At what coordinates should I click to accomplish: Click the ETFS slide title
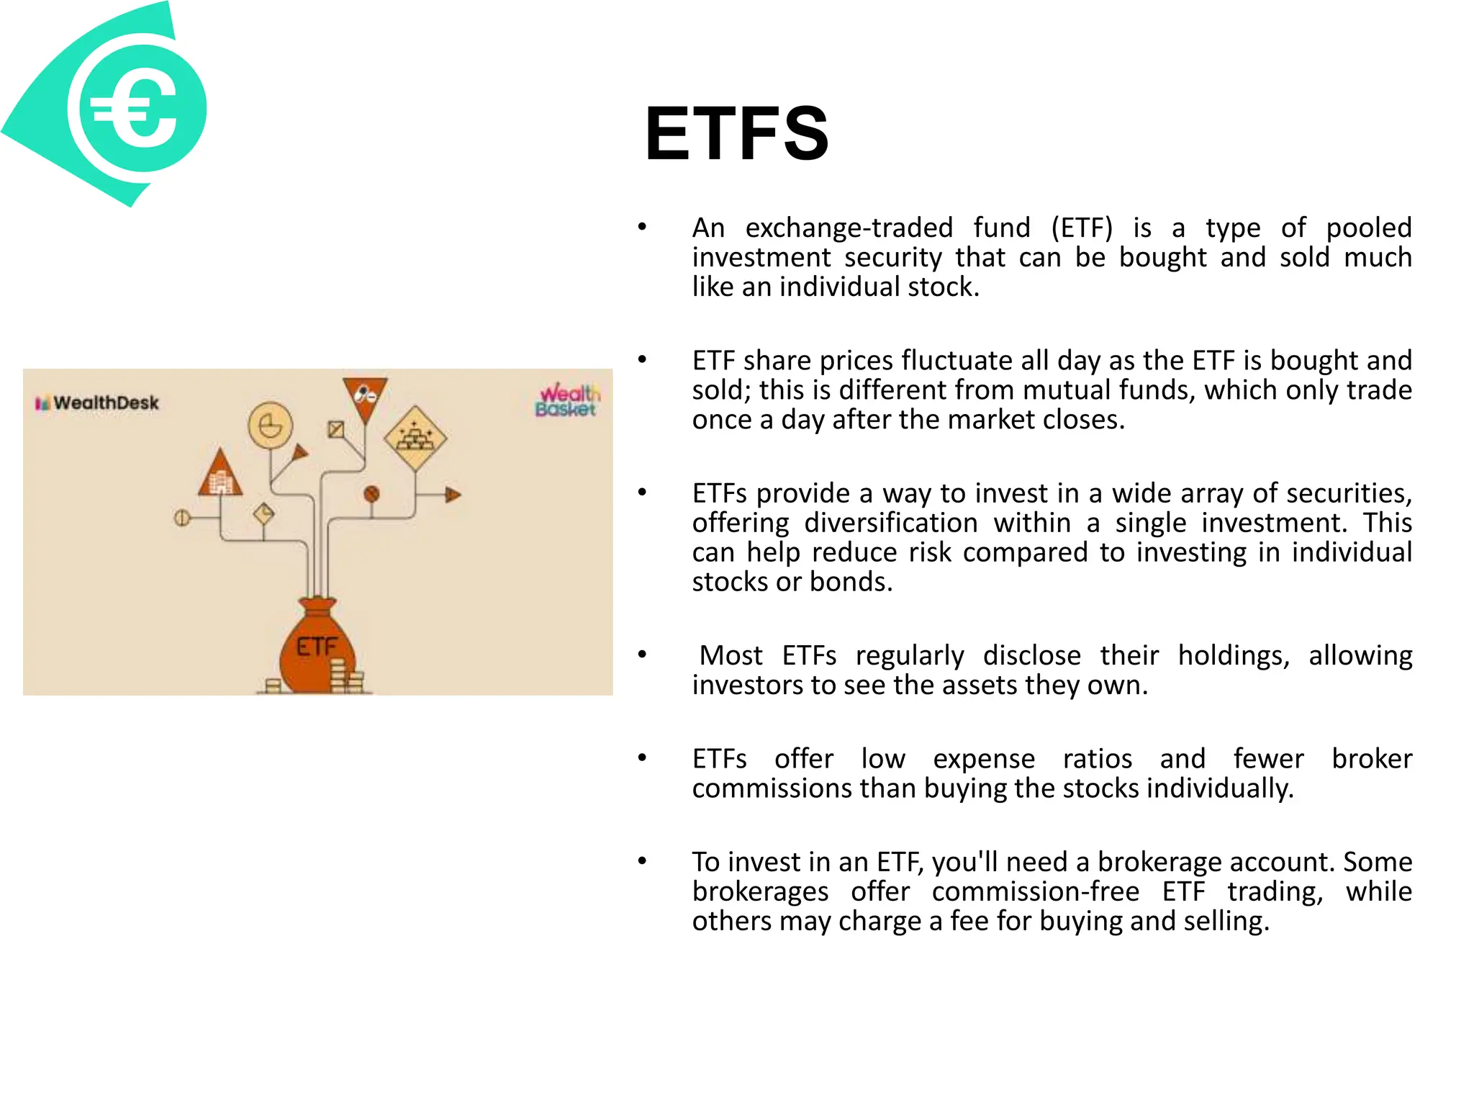click(x=736, y=134)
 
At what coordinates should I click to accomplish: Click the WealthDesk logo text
click(x=105, y=403)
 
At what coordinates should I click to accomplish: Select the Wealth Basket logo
click(x=567, y=400)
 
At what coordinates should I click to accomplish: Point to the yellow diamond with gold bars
click(x=415, y=437)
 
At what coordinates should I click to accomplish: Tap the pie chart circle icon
click(x=270, y=426)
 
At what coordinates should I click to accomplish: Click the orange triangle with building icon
click(x=220, y=475)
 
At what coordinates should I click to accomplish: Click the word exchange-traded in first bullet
click(x=849, y=228)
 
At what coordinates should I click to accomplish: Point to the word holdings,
click(x=1233, y=656)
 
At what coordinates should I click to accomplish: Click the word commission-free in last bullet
click(x=1035, y=891)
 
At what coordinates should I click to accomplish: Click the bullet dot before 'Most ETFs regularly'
click(x=642, y=655)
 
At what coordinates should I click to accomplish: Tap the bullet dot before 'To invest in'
click(x=642, y=861)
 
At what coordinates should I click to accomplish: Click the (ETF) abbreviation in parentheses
click(x=1081, y=228)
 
